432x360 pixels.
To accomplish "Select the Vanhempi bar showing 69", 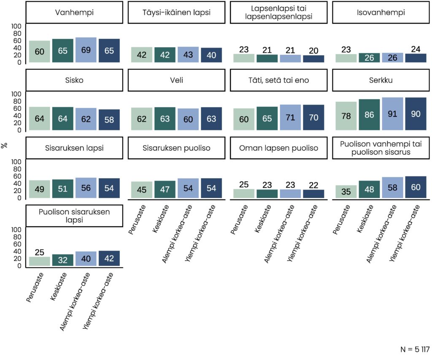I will [86, 50].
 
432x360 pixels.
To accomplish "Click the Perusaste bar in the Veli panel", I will [142, 119].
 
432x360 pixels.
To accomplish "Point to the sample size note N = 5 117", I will [414, 349].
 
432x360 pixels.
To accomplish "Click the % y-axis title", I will [5, 145].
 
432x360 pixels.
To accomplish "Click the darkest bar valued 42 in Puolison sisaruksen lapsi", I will [109, 258].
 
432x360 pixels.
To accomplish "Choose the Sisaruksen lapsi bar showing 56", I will [86, 188].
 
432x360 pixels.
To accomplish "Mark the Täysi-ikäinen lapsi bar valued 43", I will [188, 54].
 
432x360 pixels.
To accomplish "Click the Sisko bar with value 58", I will [109, 120].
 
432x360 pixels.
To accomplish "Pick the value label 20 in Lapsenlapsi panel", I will [313, 50].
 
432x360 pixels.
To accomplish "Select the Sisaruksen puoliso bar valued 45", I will [142, 189].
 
